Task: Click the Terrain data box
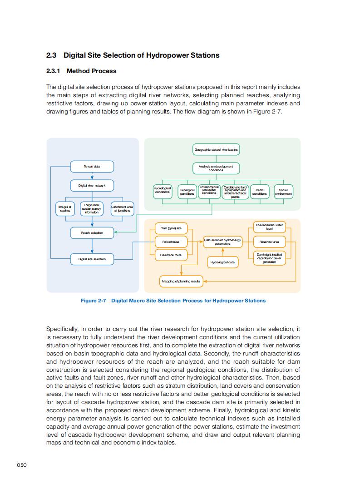click(92, 167)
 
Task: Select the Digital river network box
click(92, 185)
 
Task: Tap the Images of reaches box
click(65, 209)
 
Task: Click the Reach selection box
click(92, 233)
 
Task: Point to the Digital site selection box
click(92, 259)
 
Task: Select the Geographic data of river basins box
click(216, 149)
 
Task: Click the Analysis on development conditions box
click(216, 168)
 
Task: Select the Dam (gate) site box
click(171, 228)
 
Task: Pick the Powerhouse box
click(171, 242)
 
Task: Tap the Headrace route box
click(171, 255)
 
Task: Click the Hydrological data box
click(222, 262)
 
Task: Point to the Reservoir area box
click(269, 242)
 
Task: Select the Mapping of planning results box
click(181, 282)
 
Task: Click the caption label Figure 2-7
click(93, 301)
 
